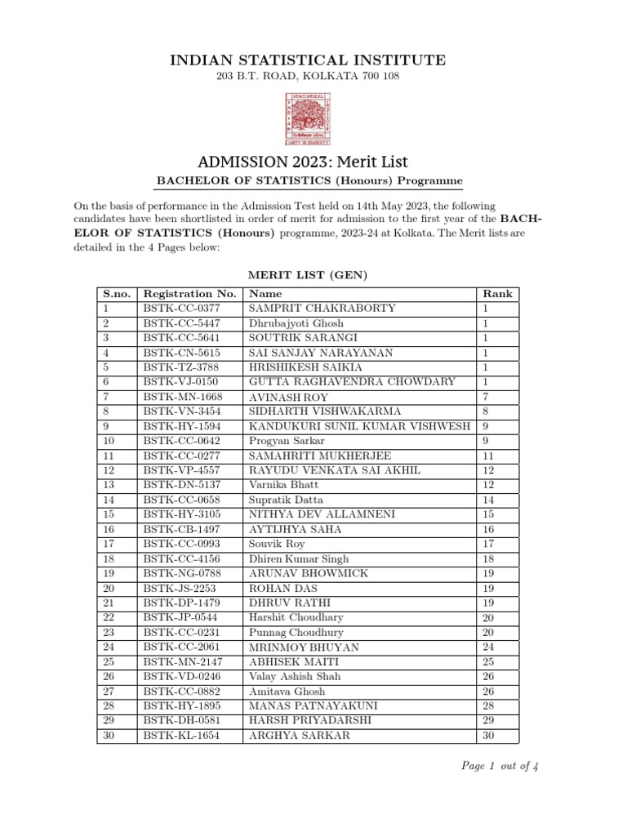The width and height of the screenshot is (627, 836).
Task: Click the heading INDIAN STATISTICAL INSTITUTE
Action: tap(308, 60)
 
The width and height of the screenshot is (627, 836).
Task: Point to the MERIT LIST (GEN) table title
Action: tap(308, 277)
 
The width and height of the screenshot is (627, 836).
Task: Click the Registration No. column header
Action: tap(189, 294)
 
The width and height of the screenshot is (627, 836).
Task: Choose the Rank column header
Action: tap(497, 294)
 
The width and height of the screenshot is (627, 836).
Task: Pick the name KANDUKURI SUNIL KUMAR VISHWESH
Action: tap(359, 426)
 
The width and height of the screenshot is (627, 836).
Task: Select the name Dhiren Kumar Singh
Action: tap(299, 558)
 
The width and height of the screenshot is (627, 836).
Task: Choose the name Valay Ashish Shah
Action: tap(295, 676)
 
